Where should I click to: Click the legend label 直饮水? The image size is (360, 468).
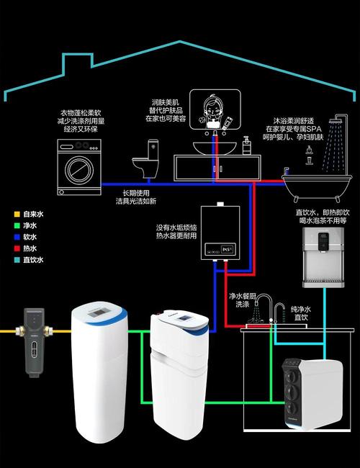pyautogui.click(x=34, y=260)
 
